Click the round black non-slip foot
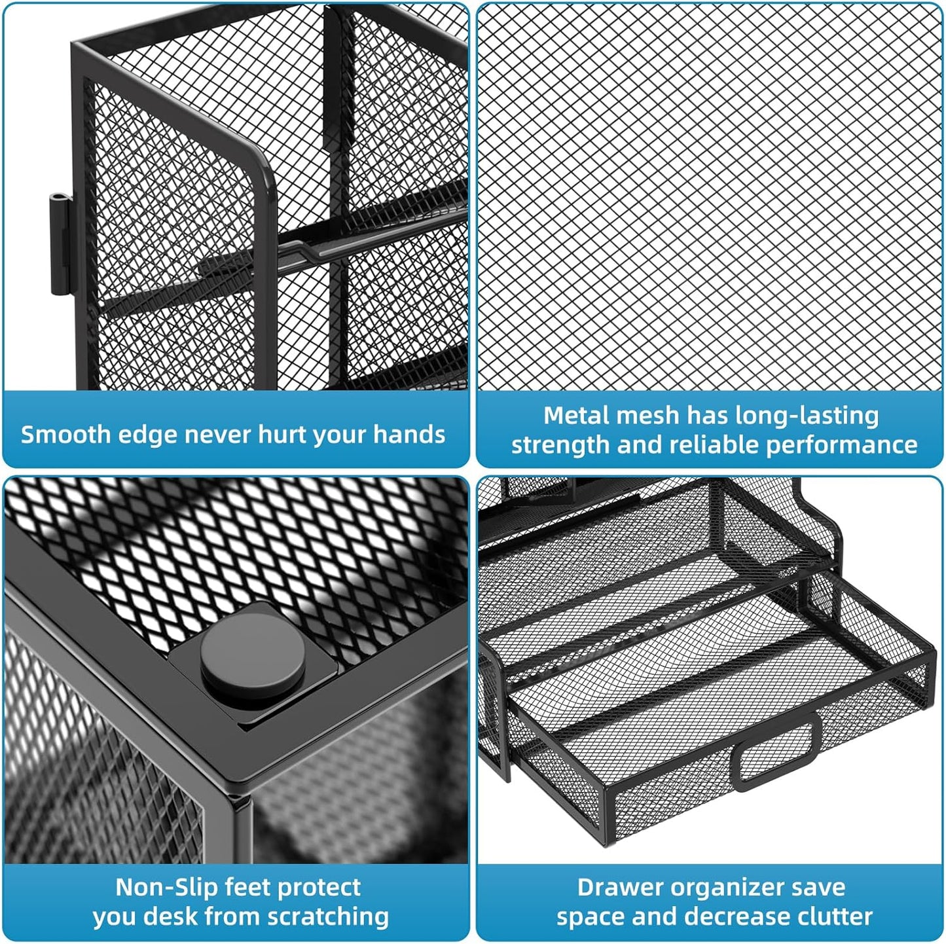coord(253,655)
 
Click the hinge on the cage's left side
coord(60,244)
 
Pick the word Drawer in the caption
coord(618,887)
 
